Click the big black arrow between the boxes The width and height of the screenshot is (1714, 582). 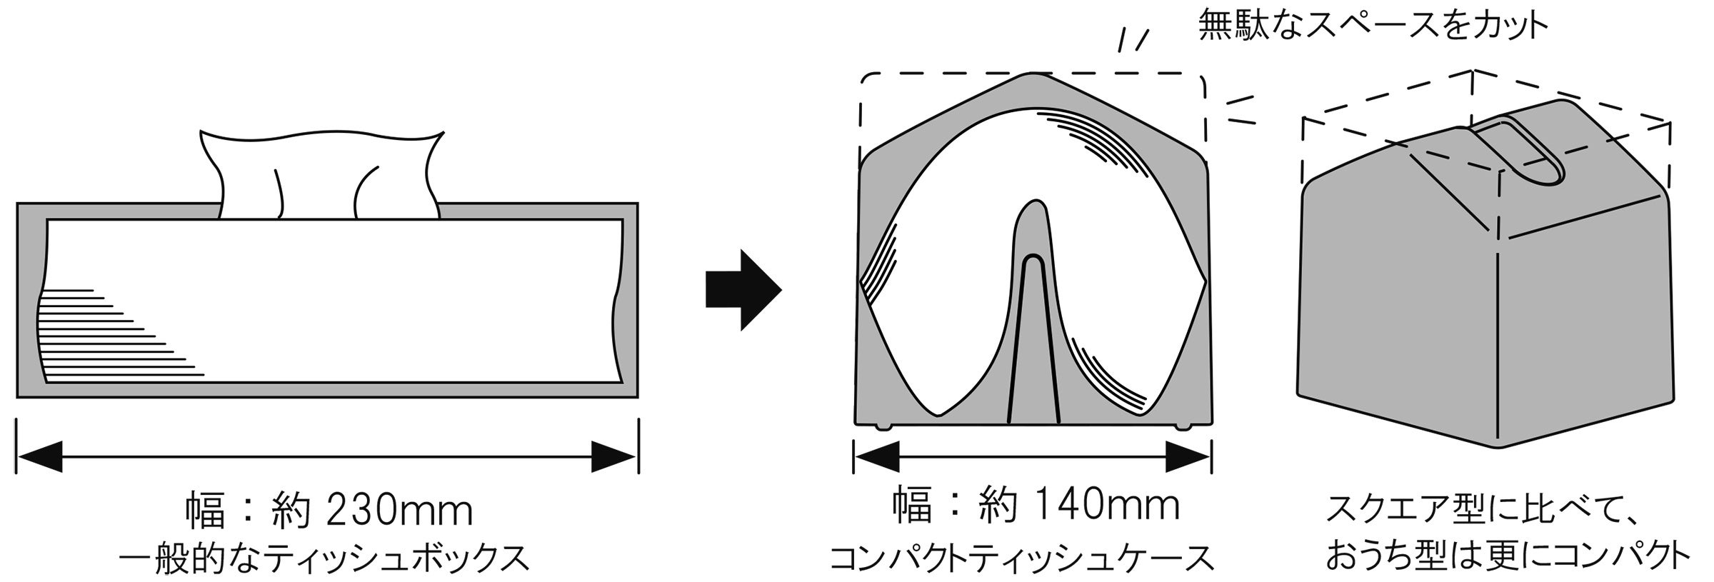743,289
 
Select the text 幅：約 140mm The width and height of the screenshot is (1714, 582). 1036,506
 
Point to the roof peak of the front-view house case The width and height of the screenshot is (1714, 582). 1033,77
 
